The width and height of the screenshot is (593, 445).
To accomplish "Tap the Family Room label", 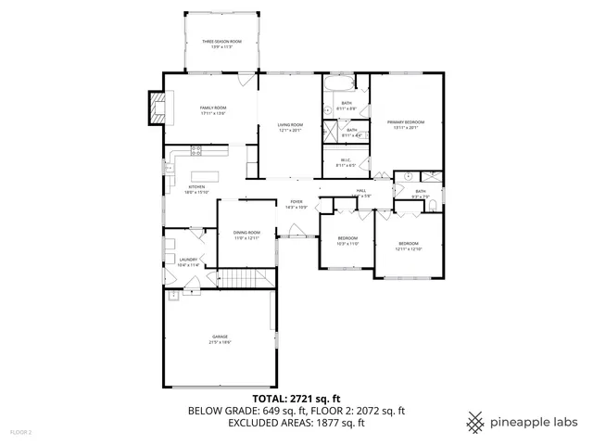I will click(213, 108).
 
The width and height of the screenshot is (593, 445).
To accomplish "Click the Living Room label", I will click(291, 125).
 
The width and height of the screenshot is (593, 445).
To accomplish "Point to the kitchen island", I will click(206, 175).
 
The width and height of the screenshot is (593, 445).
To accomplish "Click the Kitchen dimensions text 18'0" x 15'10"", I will click(197, 192).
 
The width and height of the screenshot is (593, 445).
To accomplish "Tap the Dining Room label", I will click(246, 233).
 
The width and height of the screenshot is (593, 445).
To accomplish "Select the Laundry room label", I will click(188, 260).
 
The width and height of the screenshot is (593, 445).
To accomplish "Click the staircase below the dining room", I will click(246, 280).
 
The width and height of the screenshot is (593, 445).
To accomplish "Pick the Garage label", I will click(220, 337).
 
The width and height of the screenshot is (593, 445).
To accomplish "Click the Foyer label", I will click(296, 202).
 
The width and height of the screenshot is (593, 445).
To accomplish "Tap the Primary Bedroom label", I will click(407, 123).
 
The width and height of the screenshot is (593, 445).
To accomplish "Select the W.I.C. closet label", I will click(345, 159).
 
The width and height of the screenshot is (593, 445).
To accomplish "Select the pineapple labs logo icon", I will click(475, 421).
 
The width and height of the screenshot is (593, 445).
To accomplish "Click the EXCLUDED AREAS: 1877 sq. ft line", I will click(296, 422).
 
